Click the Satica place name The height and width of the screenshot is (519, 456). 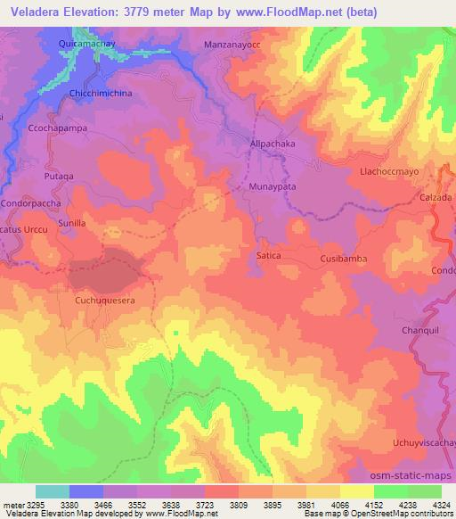pos(268,255)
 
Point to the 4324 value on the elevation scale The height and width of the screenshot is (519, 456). pos(438,504)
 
